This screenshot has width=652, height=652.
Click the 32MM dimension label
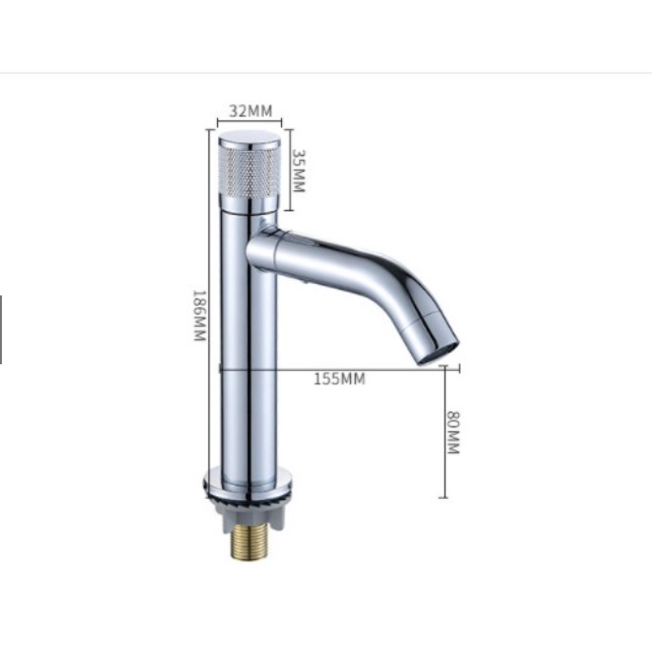point(250,111)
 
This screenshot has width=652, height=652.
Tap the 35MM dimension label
point(299,170)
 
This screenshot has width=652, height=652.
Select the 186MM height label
point(200,315)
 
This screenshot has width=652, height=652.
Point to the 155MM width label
point(339,379)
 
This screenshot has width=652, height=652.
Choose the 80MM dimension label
point(453,432)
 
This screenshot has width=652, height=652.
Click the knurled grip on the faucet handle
point(250,172)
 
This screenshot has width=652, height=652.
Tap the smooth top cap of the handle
point(250,139)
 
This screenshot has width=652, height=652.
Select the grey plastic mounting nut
point(250,514)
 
